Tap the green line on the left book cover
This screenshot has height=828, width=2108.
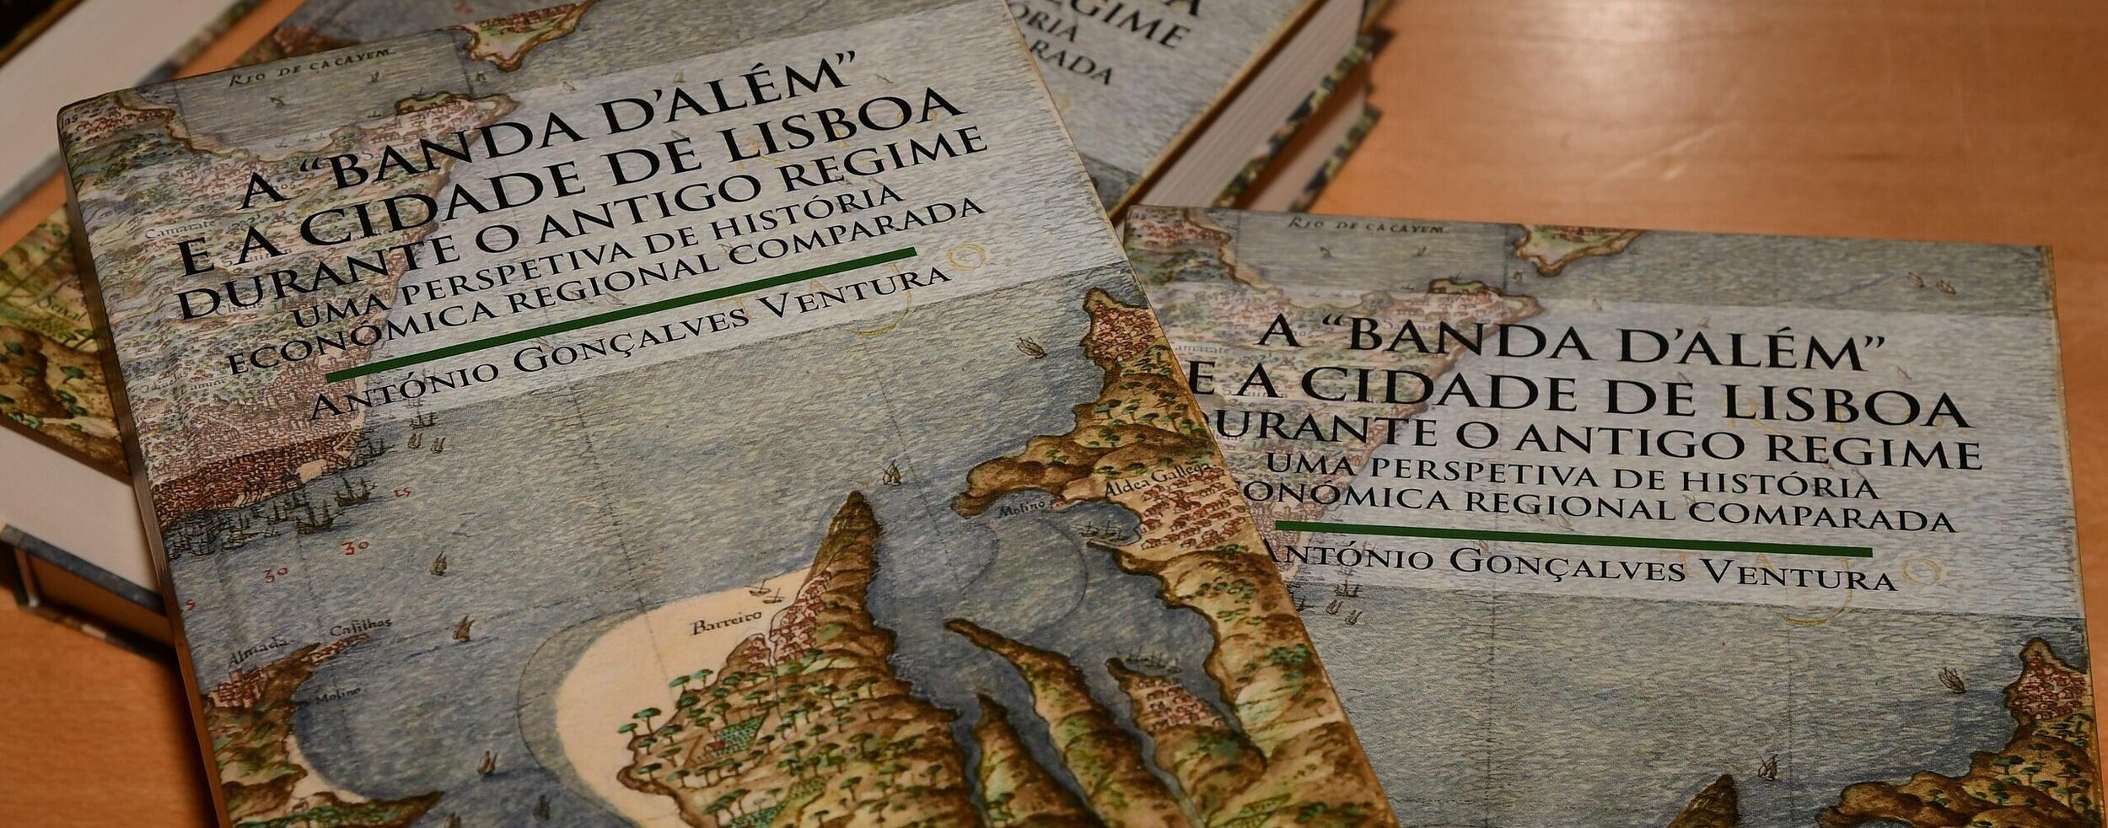[620, 314]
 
